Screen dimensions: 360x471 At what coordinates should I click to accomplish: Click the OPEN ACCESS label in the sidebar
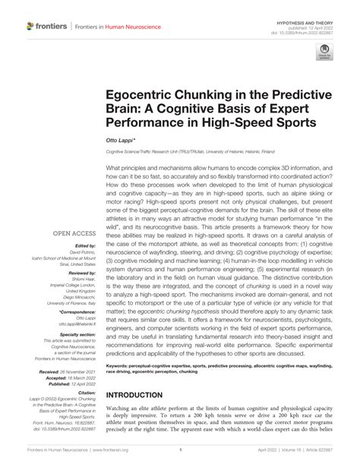(x=74, y=213)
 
